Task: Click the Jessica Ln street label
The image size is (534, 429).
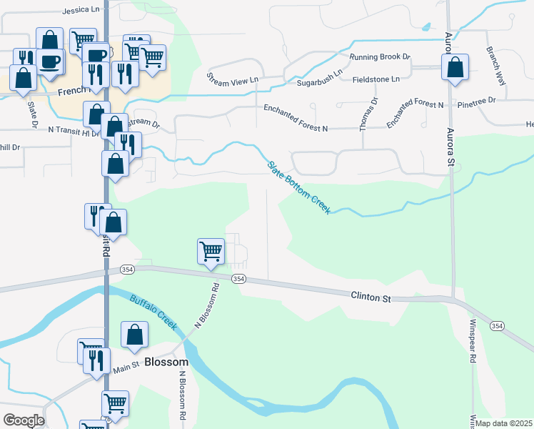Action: pos(81,11)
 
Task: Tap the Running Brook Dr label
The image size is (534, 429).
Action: pos(381,56)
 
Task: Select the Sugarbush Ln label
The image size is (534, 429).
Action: pos(320,72)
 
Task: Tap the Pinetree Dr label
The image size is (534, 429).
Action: pos(477,101)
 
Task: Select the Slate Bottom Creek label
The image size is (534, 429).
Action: pos(299,187)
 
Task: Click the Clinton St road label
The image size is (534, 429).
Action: pos(371,295)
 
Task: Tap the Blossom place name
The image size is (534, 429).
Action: pos(166,363)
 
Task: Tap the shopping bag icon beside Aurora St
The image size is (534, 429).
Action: pos(455,67)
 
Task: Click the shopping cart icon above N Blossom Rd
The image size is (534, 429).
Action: pos(211,252)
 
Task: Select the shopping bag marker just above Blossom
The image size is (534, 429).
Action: pos(134,335)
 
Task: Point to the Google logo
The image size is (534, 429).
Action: pos(24,420)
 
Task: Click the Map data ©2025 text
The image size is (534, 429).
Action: pos(503,423)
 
